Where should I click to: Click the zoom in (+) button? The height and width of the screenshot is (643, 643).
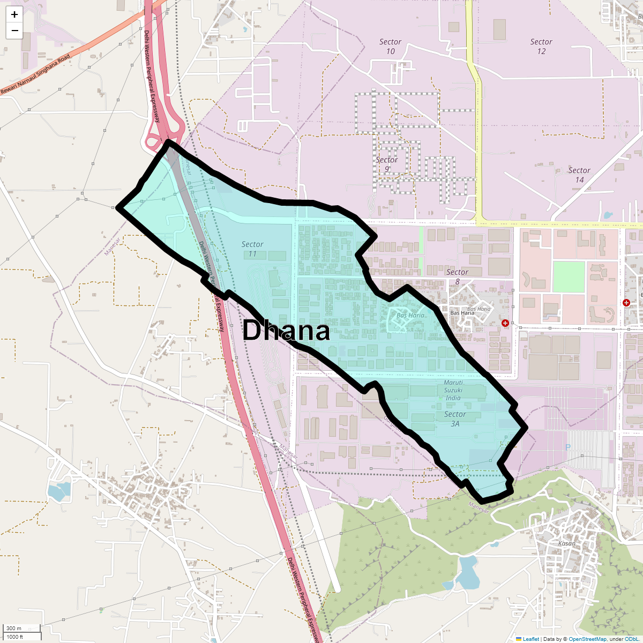point(14,14)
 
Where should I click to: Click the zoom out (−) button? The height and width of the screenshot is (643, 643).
point(14,31)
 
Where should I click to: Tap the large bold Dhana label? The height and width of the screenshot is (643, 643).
point(286,331)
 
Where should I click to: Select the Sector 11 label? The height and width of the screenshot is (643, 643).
point(252,249)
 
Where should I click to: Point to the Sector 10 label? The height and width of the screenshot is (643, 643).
point(390,47)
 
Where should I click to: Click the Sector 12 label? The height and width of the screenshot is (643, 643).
point(541,47)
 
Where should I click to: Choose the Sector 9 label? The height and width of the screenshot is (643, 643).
point(386,165)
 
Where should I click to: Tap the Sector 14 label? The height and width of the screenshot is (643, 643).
point(579,175)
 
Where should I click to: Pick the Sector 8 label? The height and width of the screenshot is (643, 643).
point(457,276)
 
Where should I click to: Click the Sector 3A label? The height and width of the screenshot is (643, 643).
point(455,418)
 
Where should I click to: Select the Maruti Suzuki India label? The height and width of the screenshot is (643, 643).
point(453,390)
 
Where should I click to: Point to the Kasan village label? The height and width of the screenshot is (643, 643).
point(566,543)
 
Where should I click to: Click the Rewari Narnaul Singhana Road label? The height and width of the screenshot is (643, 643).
point(35,74)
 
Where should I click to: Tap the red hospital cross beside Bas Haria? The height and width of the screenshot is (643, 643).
point(505,323)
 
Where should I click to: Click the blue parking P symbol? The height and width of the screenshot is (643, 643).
point(567,447)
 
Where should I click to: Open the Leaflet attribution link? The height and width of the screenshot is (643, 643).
point(530,639)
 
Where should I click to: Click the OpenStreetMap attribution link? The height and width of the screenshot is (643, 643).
point(587,639)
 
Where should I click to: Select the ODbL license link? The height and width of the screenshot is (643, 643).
point(631,639)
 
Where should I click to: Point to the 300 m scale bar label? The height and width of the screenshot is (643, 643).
point(14,628)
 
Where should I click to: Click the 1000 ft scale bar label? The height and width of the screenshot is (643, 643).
point(16,637)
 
